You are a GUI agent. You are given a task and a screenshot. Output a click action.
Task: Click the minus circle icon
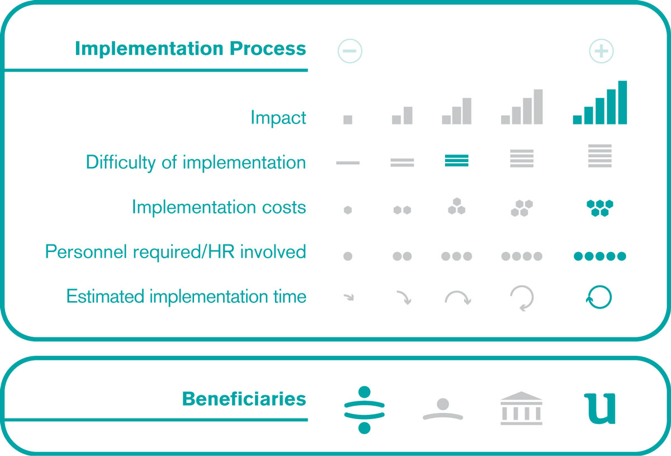[350, 51]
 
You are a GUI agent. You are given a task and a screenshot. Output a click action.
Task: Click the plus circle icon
[601, 51]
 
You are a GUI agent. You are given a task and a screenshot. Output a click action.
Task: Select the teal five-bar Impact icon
[599, 102]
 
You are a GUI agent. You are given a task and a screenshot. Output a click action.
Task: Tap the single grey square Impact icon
[348, 120]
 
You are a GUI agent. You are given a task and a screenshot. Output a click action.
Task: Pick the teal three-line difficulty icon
[456, 160]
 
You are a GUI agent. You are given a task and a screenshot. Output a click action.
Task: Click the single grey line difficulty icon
[348, 163]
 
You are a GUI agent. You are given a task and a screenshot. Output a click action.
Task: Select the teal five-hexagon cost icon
[599, 208]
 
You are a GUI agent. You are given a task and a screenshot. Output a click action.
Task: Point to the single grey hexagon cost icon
[348, 210]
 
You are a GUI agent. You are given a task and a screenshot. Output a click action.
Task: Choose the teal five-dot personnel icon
[599, 256]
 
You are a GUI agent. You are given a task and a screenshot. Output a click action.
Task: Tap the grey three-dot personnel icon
[456, 256]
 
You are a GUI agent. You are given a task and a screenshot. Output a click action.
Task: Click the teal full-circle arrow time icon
[599, 297]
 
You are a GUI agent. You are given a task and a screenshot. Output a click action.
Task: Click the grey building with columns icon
[521, 408]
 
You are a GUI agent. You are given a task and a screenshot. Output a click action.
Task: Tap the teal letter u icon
[599, 408]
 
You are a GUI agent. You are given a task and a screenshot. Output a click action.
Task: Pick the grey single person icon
[443, 409]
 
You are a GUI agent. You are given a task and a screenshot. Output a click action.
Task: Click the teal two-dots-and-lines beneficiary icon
[364, 410]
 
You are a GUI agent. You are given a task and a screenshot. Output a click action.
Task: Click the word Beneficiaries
[244, 399]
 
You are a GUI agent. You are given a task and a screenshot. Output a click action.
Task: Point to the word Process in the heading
[268, 48]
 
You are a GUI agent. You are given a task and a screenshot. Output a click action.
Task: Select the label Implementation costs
[219, 207]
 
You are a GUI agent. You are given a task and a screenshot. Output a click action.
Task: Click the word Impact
[278, 117]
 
